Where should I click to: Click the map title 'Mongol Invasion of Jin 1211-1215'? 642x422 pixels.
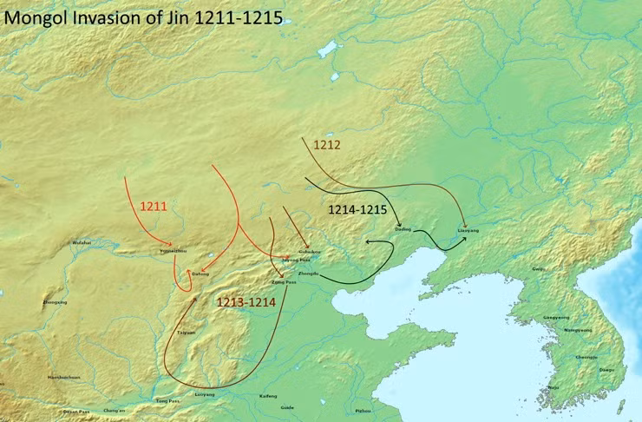pos(142,16)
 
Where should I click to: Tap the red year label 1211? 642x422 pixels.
pos(153,206)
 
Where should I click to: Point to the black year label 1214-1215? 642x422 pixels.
pos(357,210)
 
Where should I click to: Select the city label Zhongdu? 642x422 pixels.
pos(308,274)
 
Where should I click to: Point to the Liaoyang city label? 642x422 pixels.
pos(468,231)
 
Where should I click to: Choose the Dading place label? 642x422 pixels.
pos(402,228)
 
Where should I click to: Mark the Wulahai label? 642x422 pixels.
pos(82,242)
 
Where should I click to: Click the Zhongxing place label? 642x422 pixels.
pos(54,302)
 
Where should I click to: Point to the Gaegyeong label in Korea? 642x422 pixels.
pos(556,317)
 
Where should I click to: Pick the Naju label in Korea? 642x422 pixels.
pos(554,387)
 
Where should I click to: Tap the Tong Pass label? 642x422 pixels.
pos(167,401)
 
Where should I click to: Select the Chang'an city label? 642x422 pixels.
pos(115,410)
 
